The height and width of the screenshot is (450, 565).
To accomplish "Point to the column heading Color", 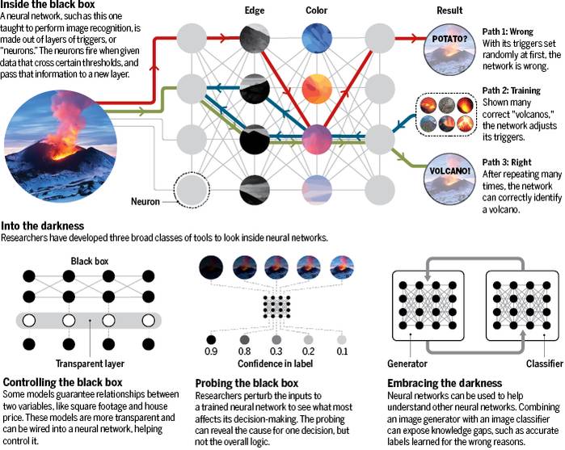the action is (x=317, y=11).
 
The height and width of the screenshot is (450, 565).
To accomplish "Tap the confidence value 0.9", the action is (x=212, y=352).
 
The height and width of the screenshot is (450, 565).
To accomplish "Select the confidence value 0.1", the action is (x=341, y=352).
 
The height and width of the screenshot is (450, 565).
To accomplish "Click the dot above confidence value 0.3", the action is (x=276, y=340).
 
